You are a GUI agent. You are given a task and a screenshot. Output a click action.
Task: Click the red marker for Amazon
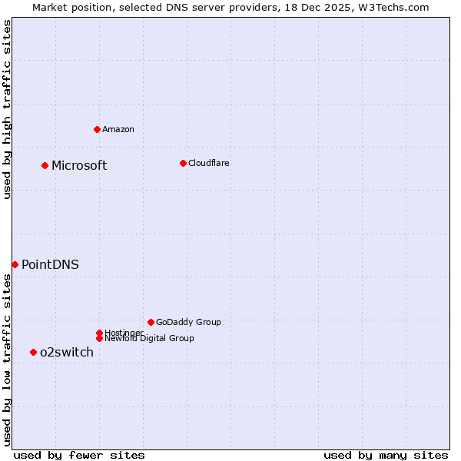point(97,129)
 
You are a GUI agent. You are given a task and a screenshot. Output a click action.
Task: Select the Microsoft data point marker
point(45,165)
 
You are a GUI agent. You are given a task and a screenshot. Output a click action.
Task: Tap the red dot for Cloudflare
point(183,163)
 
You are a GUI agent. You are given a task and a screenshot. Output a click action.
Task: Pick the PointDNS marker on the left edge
point(15,264)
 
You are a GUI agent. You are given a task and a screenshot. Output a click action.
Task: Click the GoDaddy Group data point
point(151,322)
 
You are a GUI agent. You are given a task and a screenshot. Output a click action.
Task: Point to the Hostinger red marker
point(99,333)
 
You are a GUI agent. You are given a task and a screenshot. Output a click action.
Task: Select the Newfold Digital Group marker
point(99,338)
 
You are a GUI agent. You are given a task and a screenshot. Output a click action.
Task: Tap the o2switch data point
point(33,352)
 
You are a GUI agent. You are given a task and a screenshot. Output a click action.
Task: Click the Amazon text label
point(118,129)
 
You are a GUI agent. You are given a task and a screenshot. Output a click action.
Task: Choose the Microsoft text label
point(79,165)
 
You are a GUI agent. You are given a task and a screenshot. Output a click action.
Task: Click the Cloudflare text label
point(209,163)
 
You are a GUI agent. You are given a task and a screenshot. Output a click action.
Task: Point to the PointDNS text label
point(50,264)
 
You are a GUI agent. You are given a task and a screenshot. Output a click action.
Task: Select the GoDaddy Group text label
point(188,322)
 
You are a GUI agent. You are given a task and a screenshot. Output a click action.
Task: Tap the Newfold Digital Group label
point(149,338)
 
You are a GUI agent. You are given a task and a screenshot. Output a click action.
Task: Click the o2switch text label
point(67,352)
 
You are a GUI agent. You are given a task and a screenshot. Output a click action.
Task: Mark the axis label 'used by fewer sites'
point(79,455)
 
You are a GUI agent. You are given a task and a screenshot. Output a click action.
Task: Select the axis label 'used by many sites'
point(386,455)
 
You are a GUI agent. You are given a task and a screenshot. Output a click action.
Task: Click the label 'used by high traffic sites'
point(7,109)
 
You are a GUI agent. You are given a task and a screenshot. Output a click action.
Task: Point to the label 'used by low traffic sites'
point(7,360)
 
